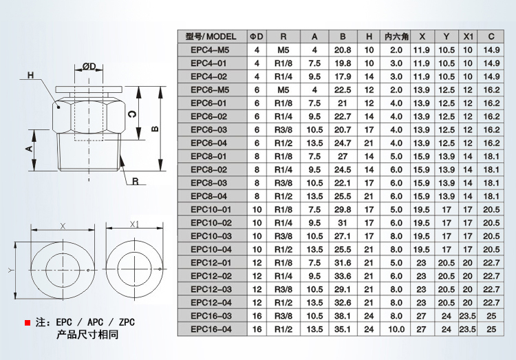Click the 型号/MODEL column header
coord(211,36)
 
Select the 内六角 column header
coord(396,36)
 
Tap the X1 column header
coord(468,36)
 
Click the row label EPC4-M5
coord(211,50)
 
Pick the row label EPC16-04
coord(211,329)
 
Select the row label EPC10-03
coord(211,236)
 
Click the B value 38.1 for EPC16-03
coord(342,316)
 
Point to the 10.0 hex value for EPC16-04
coord(396,329)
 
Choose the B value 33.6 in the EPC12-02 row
coord(342,276)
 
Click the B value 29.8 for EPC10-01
coord(342,209)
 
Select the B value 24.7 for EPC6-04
coord(342,143)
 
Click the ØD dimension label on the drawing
coord(90,66)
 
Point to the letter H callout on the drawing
coord(30,75)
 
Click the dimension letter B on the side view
coord(157,129)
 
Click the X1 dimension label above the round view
coord(135,224)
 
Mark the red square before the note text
coord(27,322)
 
